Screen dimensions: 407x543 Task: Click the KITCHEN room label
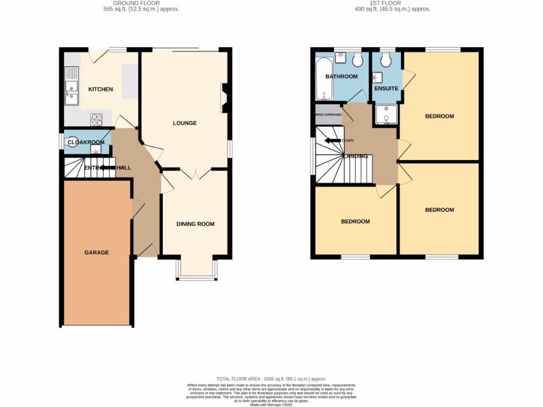(x=100, y=89)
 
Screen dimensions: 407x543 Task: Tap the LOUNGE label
(x=185, y=123)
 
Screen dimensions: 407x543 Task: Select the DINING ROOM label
(x=195, y=224)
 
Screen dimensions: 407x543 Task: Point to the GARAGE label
(x=97, y=253)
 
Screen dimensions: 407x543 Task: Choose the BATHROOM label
(x=341, y=76)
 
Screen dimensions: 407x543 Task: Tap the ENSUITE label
(x=386, y=89)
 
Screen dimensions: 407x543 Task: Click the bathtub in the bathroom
(x=323, y=79)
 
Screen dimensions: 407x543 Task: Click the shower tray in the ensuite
(x=386, y=114)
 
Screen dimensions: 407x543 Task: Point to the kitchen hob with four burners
(x=97, y=120)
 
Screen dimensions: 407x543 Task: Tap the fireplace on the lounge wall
(x=225, y=99)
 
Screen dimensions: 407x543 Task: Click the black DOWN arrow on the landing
(x=332, y=140)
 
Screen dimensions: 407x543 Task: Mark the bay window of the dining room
(x=196, y=269)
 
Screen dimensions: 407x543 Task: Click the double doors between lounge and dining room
(x=196, y=174)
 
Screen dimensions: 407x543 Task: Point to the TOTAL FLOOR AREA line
(x=271, y=379)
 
